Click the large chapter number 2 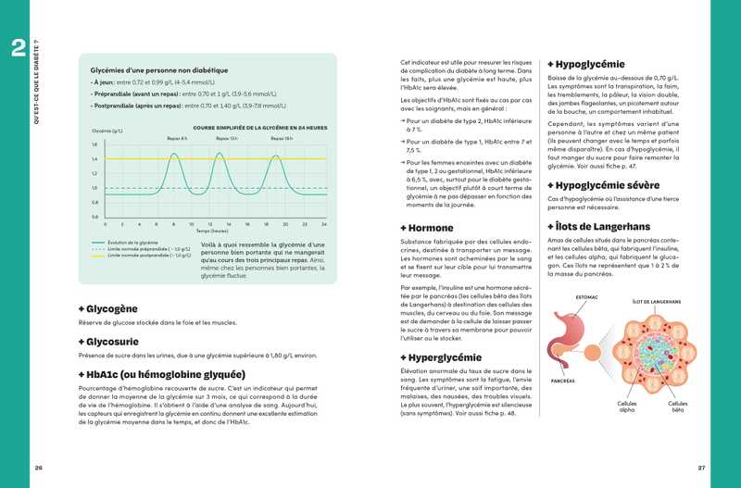click(x=18, y=48)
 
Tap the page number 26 click(x=39, y=466)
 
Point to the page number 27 click(x=701, y=466)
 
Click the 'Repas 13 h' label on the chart click(x=227, y=138)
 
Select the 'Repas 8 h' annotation click(x=177, y=138)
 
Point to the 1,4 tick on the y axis click(x=94, y=159)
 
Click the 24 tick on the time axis click(x=324, y=224)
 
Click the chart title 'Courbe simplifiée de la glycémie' click(x=259, y=128)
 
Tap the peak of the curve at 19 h click(x=277, y=155)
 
